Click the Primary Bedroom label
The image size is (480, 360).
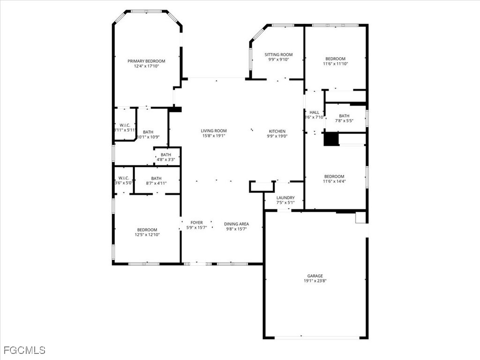(x=146, y=61)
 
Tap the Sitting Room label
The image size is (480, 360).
(x=278, y=54)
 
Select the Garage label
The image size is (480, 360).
(x=315, y=276)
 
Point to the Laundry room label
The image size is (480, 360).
(x=285, y=198)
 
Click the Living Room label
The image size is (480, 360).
(x=214, y=131)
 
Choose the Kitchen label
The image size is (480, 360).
(x=277, y=131)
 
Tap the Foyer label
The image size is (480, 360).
(x=196, y=223)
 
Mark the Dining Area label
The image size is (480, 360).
(x=236, y=224)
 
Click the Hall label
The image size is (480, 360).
(x=314, y=112)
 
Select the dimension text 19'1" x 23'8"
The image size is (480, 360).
(x=315, y=281)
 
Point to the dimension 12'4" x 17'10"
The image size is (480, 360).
(x=146, y=67)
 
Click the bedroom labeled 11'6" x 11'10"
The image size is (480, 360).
(x=335, y=61)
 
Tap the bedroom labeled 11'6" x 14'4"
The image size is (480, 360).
(x=334, y=179)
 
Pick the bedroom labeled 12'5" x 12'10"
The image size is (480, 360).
(x=147, y=232)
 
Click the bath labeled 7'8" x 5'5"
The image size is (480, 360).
(x=344, y=118)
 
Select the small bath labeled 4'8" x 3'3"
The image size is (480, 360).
(x=166, y=157)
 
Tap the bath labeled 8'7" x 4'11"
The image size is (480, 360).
(x=156, y=181)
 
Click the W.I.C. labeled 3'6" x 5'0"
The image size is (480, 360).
(x=123, y=180)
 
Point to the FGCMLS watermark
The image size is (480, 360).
(x=24, y=350)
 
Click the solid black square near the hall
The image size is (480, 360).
(x=331, y=140)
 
